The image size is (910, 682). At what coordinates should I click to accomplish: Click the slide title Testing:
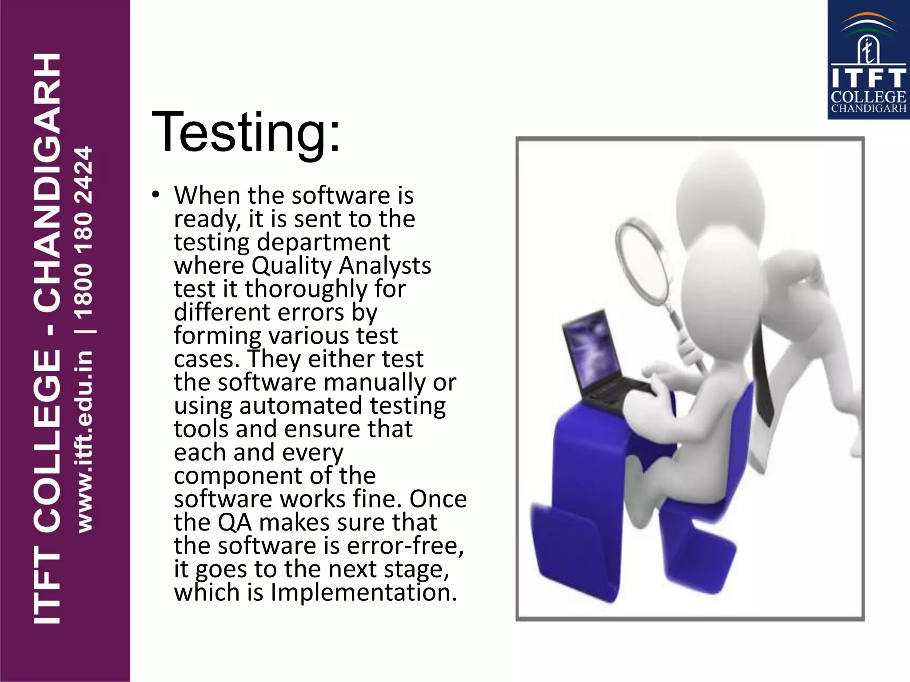pyautogui.click(x=246, y=132)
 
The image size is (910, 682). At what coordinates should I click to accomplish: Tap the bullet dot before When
pyautogui.click(x=155, y=195)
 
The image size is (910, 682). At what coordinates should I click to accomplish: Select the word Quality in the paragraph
pyautogui.click(x=291, y=266)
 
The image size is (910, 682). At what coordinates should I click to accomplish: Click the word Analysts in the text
pyautogui.click(x=385, y=266)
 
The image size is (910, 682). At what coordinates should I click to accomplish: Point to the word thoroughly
pyautogui.click(x=306, y=289)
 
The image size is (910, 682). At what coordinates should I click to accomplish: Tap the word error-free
pyautogui.click(x=405, y=546)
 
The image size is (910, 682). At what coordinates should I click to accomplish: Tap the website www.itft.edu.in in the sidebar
pyautogui.click(x=84, y=441)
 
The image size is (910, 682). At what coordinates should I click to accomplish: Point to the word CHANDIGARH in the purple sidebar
pyautogui.click(x=47, y=182)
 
